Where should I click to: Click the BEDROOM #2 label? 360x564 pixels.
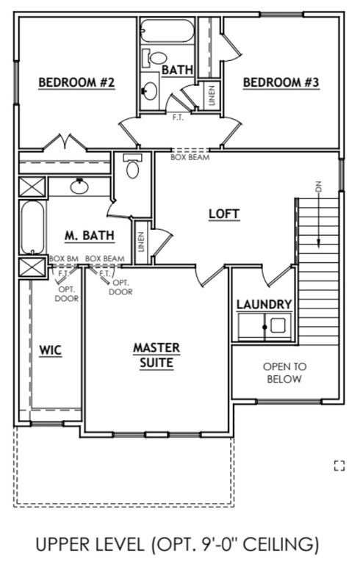click(76, 82)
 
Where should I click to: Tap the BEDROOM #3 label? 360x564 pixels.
click(281, 82)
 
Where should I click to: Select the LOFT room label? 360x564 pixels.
click(224, 214)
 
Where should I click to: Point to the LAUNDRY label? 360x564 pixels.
click(264, 304)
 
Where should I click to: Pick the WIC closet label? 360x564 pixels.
click(50, 350)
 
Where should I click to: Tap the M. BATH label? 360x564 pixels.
click(89, 236)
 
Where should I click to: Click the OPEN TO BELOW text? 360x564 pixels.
click(285, 372)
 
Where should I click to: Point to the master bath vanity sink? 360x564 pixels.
click(79, 187)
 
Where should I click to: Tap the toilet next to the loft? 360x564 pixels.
click(133, 168)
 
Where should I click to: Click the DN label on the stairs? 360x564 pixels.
click(319, 187)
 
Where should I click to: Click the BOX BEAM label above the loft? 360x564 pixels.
click(190, 156)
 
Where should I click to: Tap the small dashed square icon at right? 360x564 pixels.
click(339, 464)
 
